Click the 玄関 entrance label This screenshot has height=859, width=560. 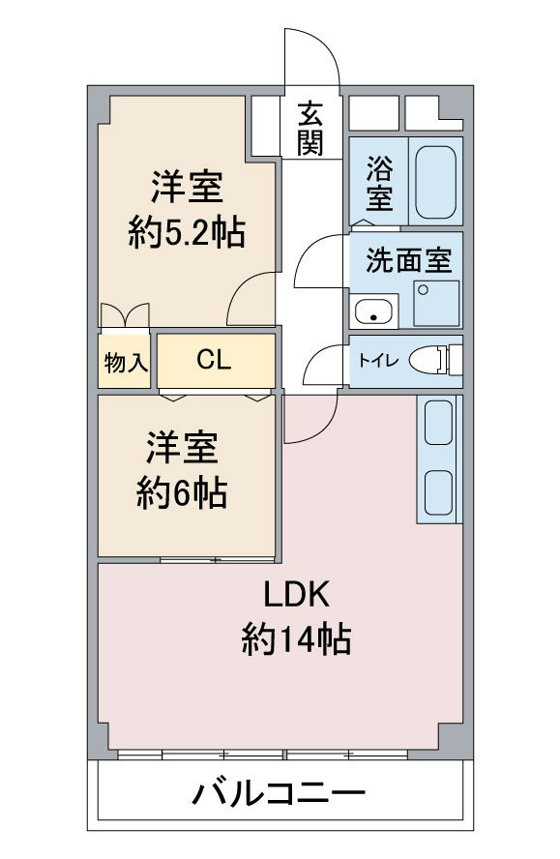(310, 129)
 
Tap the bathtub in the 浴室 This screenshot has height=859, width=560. (435, 183)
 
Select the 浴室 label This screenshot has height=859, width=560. (379, 183)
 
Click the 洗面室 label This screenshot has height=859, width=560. (409, 260)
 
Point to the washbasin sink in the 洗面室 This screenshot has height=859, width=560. (374, 311)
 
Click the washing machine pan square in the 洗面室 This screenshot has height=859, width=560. (436, 304)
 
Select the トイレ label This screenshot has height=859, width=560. (378, 361)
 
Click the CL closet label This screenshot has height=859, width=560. (214, 360)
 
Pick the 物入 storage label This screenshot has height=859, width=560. (126, 362)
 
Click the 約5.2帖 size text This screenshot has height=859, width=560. (187, 233)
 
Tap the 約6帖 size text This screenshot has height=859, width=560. (182, 493)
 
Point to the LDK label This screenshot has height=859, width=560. (296, 595)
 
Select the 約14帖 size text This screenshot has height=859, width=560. (296, 638)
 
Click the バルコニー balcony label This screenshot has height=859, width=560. (279, 792)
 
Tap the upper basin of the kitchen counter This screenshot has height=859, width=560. (439, 423)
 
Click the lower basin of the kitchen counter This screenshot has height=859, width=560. (439, 492)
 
